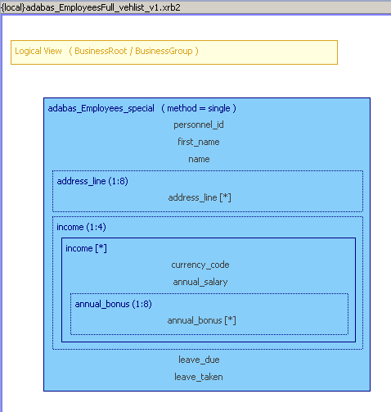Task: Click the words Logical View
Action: click(38, 51)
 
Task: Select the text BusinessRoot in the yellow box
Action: click(101, 51)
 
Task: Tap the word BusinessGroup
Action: click(164, 51)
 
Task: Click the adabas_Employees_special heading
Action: click(101, 108)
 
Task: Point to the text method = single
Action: click(199, 108)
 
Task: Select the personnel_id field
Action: click(199, 125)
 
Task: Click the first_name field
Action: click(199, 142)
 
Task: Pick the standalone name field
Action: click(199, 159)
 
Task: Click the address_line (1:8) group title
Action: click(92, 181)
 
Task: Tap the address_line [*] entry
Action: click(200, 197)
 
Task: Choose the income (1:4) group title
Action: click(81, 227)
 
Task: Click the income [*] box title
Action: click(86, 248)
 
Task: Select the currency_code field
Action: click(200, 265)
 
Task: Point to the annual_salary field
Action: click(200, 282)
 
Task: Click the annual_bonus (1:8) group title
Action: click(113, 304)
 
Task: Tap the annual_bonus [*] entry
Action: click(201, 320)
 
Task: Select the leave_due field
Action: click(199, 360)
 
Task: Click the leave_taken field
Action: click(199, 377)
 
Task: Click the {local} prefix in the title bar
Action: click(12, 7)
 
